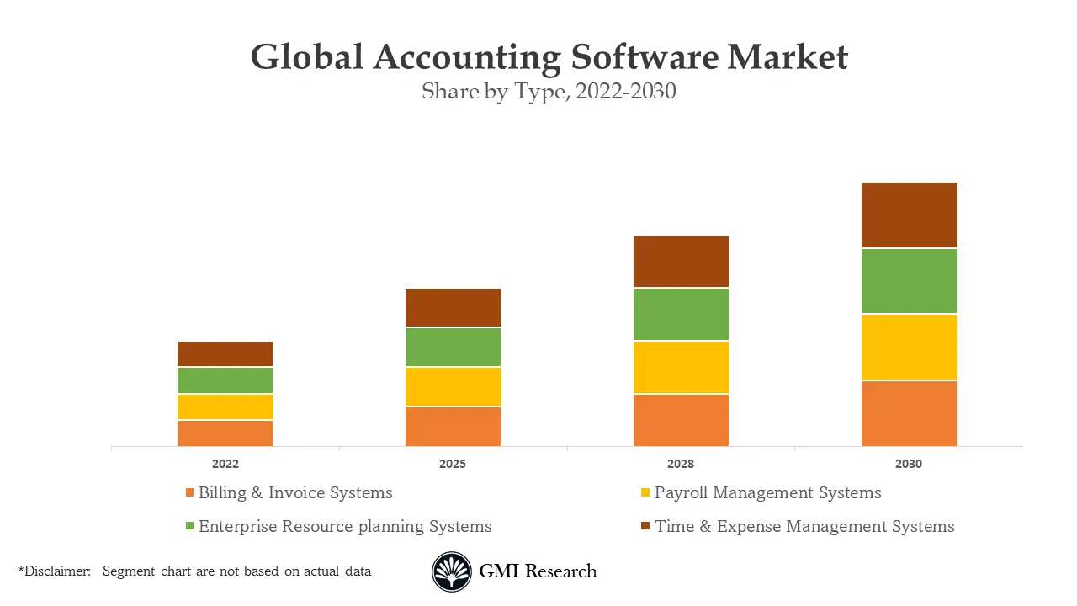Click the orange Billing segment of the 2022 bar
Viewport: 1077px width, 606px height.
click(x=225, y=433)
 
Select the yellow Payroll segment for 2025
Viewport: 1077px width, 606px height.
click(x=453, y=386)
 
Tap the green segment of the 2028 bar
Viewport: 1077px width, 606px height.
click(x=681, y=314)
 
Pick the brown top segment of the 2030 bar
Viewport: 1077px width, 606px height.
click(x=909, y=215)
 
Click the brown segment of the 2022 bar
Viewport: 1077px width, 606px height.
click(x=225, y=353)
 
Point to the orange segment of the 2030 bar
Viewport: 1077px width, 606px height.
click(x=909, y=413)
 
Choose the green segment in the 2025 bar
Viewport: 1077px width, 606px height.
click(x=453, y=347)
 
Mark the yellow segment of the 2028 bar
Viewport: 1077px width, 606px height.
click(x=681, y=367)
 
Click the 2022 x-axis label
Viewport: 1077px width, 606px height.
click(x=225, y=464)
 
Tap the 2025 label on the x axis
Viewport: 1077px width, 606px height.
click(x=453, y=464)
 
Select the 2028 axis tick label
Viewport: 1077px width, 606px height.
click(x=681, y=464)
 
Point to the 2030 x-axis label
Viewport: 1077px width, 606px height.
click(x=909, y=464)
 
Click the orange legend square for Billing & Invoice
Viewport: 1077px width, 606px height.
click(x=190, y=492)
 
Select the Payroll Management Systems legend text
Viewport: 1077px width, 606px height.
click(x=767, y=493)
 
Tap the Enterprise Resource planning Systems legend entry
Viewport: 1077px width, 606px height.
click(x=345, y=527)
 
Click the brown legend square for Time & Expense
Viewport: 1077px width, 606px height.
click(x=645, y=526)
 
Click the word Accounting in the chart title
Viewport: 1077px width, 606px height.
click(x=467, y=57)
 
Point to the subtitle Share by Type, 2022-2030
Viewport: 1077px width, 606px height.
click(x=549, y=91)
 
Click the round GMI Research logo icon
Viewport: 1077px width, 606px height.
click(x=452, y=572)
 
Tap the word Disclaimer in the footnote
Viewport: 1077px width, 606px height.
click(x=56, y=571)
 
